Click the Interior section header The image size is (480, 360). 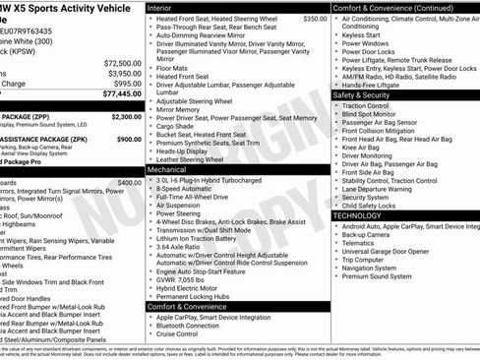coord(163,8)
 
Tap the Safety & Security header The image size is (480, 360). coord(366,95)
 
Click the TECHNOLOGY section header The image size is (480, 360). coord(356,214)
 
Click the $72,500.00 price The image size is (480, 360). coord(122,63)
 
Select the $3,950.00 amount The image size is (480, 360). coord(124,74)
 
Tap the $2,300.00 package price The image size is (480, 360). coord(126,116)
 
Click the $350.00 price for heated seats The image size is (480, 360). coord(315,19)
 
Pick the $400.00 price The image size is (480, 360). coord(129,183)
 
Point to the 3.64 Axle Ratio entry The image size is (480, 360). coord(182,248)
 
